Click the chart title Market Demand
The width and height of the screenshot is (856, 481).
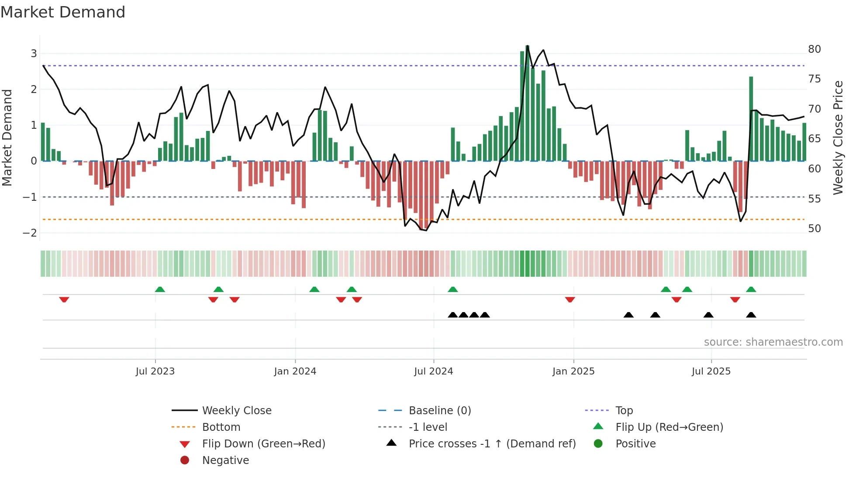(x=63, y=12)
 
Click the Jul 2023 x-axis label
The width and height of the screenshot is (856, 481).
(x=155, y=371)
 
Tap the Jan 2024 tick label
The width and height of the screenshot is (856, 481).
(x=295, y=371)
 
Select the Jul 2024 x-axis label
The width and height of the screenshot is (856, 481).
(x=433, y=371)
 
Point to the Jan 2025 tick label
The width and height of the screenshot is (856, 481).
(x=573, y=371)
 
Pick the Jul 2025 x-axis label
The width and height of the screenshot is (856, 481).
(x=711, y=371)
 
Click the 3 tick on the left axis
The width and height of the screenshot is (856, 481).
(x=34, y=54)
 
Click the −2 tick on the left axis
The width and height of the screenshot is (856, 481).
(x=30, y=233)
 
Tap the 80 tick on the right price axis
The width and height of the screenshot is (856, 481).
(x=814, y=49)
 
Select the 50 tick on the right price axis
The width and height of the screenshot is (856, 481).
(x=814, y=229)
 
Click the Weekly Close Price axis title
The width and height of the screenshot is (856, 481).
(x=838, y=137)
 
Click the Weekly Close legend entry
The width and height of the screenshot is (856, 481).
(x=236, y=411)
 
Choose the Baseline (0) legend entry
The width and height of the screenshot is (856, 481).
(x=439, y=411)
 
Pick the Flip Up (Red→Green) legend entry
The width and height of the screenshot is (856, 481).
(x=669, y=427)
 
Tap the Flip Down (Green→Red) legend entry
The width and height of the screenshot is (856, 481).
(x=263, y=444)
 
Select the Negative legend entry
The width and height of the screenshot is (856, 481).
(x=225, y=460)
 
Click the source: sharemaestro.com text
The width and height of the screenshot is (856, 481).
(x=773, y=342)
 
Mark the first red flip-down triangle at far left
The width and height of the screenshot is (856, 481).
(x=64, y=299)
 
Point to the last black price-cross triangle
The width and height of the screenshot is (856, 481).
(x=751, y=315)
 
